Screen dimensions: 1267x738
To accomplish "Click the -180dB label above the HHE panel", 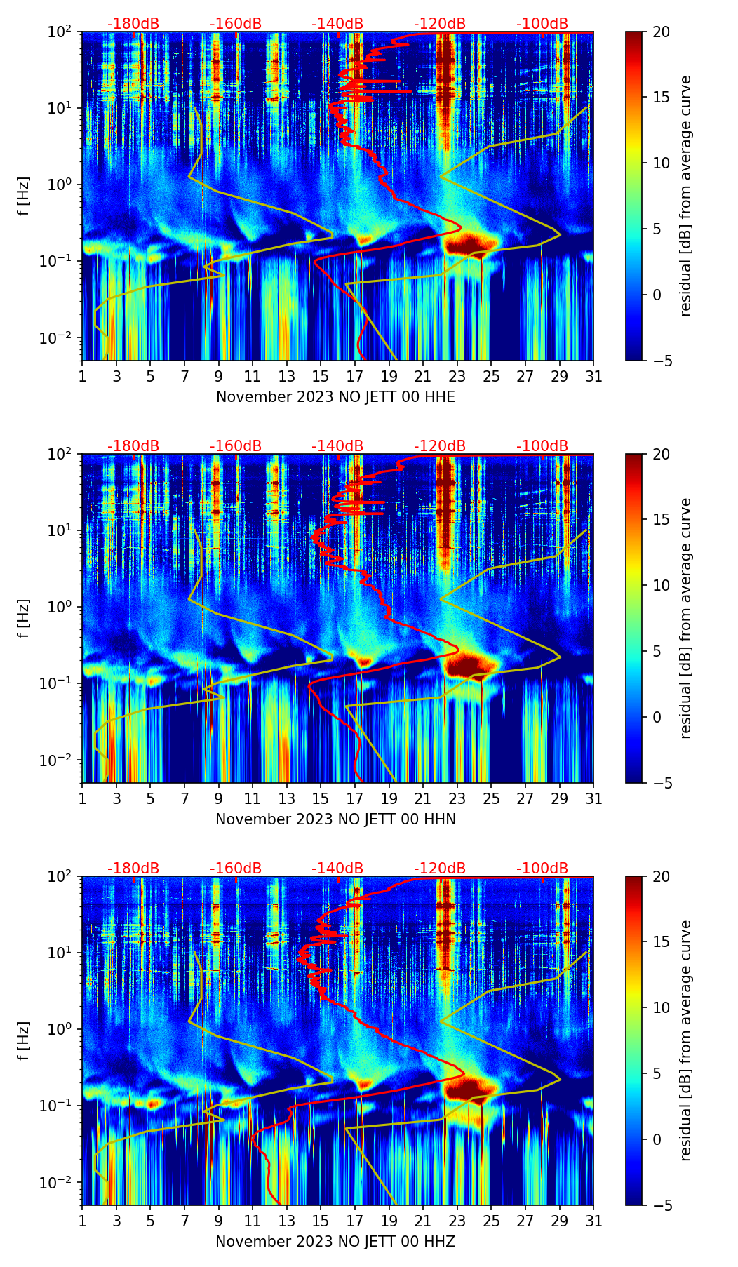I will tap(133, 24).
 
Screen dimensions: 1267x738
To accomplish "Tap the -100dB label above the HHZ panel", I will tap(542, 869).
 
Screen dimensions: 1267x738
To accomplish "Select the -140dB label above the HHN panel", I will tap(337, 446).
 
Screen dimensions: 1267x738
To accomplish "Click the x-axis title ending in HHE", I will tap(335, 397).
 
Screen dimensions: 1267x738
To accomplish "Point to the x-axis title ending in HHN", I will tap(335, 819).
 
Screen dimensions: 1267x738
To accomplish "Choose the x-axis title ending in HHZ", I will tap(335, 1242).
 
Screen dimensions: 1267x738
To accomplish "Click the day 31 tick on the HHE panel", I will tap(593, 377).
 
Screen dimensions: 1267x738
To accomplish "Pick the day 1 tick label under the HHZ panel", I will tap(82, 1221).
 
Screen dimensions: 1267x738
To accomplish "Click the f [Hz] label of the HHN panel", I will tap(25, 618).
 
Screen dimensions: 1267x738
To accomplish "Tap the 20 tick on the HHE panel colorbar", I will tap(661, 32).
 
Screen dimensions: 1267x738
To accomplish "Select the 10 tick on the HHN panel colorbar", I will tap(661, 585).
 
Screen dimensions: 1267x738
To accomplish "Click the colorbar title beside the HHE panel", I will tap(685, 196).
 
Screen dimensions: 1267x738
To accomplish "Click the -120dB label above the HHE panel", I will tap(440, 24).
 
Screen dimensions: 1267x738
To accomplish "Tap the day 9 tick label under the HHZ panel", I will tap(219, 1221).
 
